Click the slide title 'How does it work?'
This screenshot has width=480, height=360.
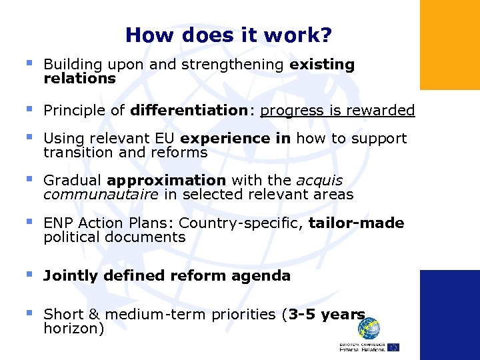pyautogui.click(x=229, y=35)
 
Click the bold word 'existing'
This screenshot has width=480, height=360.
pyautogui.click(x=322, y=65)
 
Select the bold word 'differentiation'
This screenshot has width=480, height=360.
pyautogui.click(x=189, y=110)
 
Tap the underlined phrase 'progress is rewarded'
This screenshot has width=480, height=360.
pyautogui.click(x=337, y=110)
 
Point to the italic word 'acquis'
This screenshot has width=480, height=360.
pyautogui.click(x=319, y=180)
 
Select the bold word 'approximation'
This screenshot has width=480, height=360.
pyautogui.click(x=166, y=180)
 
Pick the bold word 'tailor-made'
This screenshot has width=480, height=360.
pyautogui.click(x=356, y=223)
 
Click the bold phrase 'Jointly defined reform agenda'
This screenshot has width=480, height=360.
pyautogui.click(x=167, y=275)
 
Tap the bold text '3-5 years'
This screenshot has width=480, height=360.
pyautogui.click(x=327, y=314)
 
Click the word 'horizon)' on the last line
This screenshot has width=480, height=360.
pyautogui.click(x=73, y=328)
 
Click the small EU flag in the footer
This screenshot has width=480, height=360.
pyautogui.click(x=393, y=347)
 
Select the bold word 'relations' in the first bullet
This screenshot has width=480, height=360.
pyautogui.click(x=79, y=79)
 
